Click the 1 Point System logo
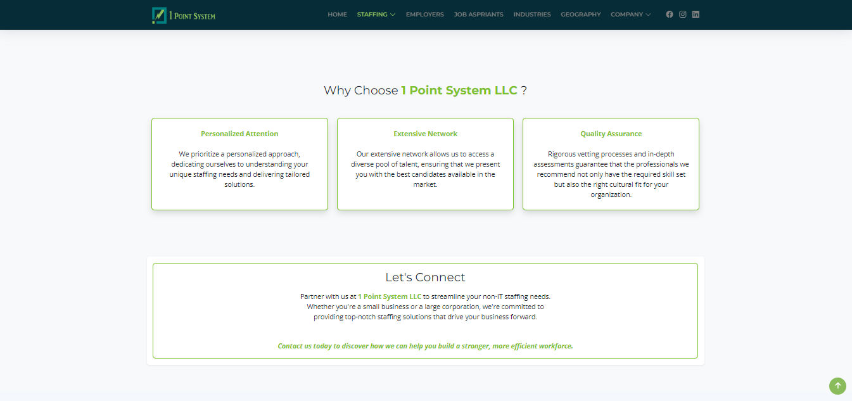(x=184, y=16)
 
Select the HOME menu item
(x=338, y=15)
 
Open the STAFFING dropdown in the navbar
(x=376, y=15)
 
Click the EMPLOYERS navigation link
(x=425, y=15)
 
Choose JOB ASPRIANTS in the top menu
(x=478, y=15)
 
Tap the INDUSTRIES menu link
(x=532, y=15)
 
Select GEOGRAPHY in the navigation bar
(x=581, y=15)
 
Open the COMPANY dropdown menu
(x=631, y=15)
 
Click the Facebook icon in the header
(x=670, y=15)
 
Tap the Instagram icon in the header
(x=683, y=15)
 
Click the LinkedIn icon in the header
(x=696, y=15)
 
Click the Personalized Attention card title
(x=239, y=134)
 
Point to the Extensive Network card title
(x=425, y=134)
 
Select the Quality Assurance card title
(x=611, y=134)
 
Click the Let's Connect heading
(x=425, y=277)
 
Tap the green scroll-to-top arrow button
(x=837, y=386)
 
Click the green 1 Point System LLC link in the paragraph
(x=390, y=296)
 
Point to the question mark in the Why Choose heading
(x=524, y=91)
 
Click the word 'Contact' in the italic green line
(x=290, y=347)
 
